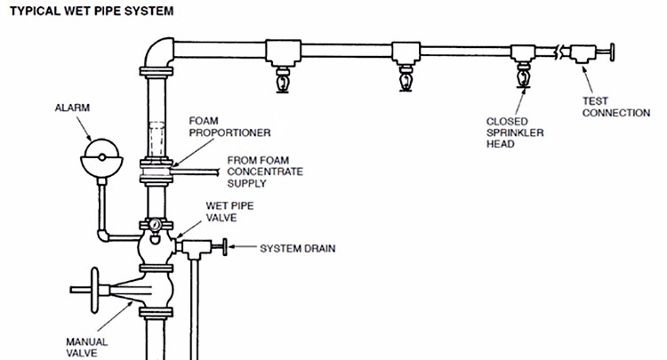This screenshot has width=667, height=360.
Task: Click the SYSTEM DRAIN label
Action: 297,248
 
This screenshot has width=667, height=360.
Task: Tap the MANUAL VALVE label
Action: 86,346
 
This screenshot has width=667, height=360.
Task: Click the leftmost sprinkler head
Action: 285,79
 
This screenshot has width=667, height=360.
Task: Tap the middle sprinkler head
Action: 407,79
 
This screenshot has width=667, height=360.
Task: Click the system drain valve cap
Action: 225,248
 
